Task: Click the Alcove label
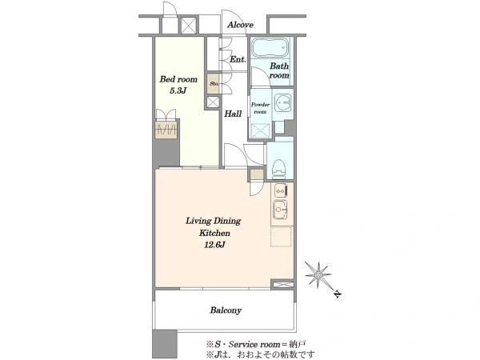pos(240,25)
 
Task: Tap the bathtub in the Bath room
pos(270,48)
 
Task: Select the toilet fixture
pos(278,169)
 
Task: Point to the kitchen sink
pos(280,210)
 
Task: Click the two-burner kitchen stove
pos(280,190)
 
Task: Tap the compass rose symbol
pos(318,274)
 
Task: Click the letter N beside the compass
pos(337,294)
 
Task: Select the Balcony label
pos(226,310)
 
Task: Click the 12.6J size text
pos(215,245)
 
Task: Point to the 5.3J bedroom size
pos(178,90)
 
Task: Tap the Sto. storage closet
pos(213,83)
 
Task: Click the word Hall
pos(233,114)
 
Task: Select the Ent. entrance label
pos(238,59)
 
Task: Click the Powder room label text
pos(260,108)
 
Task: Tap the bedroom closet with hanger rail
pos(166,130)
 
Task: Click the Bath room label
pos(279,70)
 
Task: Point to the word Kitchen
pos(214,233)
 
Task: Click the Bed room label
pos(178,79)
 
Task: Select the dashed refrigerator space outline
pos(282,237)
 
